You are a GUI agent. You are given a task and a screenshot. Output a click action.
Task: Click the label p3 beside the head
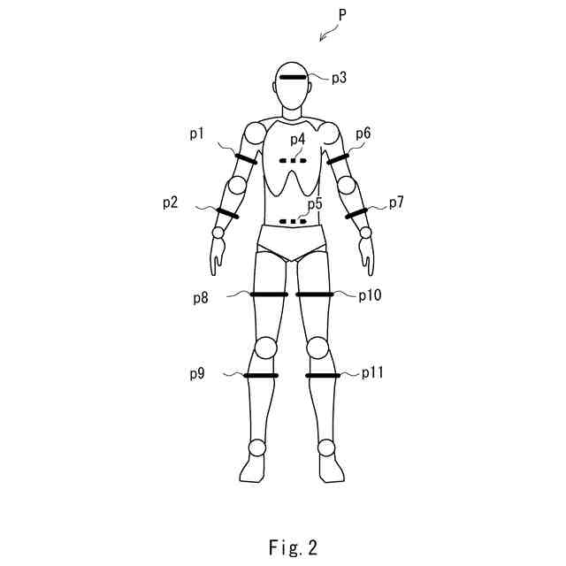tap(339, 79)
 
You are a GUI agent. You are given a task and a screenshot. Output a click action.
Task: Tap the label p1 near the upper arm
tap(196, 134)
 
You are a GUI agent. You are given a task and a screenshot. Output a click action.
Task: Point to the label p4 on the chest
tap(296, 140)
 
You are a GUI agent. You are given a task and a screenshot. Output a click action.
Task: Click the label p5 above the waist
tap(315, 204)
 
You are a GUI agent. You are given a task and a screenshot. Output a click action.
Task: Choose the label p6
tap(363, 134)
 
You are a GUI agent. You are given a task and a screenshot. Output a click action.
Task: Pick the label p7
tap(396, 203)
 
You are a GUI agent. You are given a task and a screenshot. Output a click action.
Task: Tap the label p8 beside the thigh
tap(202, 298)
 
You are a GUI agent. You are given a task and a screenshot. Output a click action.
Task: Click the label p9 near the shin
tap(197, 374)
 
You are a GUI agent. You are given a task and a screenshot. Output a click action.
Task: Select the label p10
tap(370, 295)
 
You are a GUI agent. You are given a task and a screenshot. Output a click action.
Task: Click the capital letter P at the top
tap(342, 15)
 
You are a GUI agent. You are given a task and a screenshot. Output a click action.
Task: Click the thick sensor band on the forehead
tap(293, 78)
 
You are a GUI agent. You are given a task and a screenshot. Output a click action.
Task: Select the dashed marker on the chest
tap(292, 161)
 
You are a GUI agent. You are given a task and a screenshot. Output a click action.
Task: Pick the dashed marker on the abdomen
tap(292, 221)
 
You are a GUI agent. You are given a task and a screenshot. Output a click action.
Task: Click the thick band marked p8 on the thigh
tap(270, 294)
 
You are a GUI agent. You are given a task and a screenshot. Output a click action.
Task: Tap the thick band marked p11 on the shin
tap(323, 376)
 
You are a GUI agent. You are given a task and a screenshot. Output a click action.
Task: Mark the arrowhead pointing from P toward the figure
tap(322, 38)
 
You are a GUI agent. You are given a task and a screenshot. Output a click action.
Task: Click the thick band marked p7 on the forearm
tap(356, 214)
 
